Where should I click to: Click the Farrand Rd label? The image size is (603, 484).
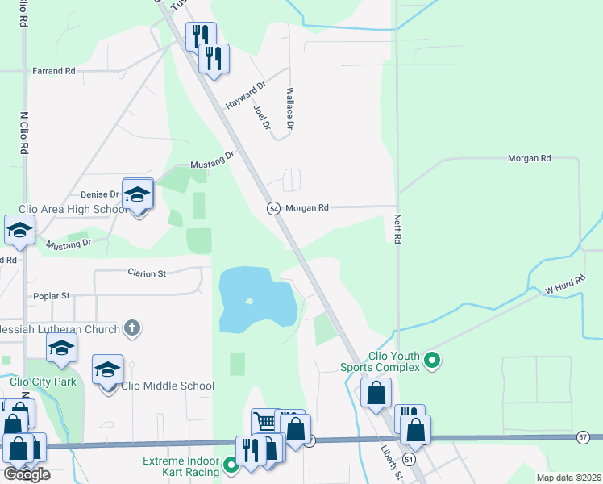[x=53, y=71]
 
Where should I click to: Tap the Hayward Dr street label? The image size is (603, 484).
[x=246, y=96]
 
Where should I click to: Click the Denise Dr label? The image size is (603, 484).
[x=99, y=194]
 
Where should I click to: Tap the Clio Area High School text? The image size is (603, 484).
[x=78, y=210]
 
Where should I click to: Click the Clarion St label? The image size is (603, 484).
[x=146, y=273]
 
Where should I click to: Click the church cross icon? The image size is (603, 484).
[x=133, y=328]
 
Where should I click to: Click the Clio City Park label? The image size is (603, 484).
[x=43, y=382]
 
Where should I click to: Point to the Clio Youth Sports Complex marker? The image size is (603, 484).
[x=431, y=359]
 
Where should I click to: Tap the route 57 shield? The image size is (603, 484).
[x=584, y=436]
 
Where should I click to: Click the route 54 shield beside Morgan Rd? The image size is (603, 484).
[x=274, y=208]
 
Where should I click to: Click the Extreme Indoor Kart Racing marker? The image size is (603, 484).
[x=231, y=465]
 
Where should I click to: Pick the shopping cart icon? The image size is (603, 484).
[x=264, y=422]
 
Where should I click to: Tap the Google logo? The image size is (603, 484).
[x=27, y=474]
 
